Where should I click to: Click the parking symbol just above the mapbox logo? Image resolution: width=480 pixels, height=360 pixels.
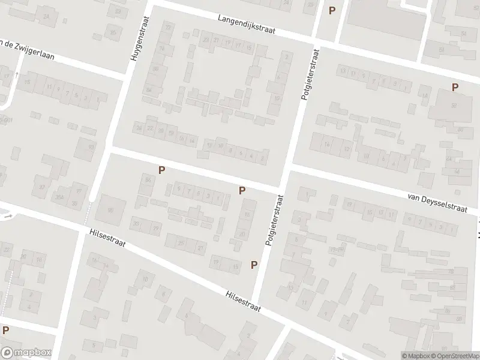pyautogui.click(x=5, y=329)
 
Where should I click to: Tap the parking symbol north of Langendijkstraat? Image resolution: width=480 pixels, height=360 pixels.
pyautogui.click(x=332, y=10)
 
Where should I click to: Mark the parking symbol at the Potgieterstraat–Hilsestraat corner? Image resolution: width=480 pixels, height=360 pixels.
pyautogui.click(x=254, y=265)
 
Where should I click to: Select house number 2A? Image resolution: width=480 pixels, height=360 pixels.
pyautogui.click(x=47, y=17)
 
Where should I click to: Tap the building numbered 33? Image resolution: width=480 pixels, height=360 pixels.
pyautogui.click(x=118, y=11)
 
